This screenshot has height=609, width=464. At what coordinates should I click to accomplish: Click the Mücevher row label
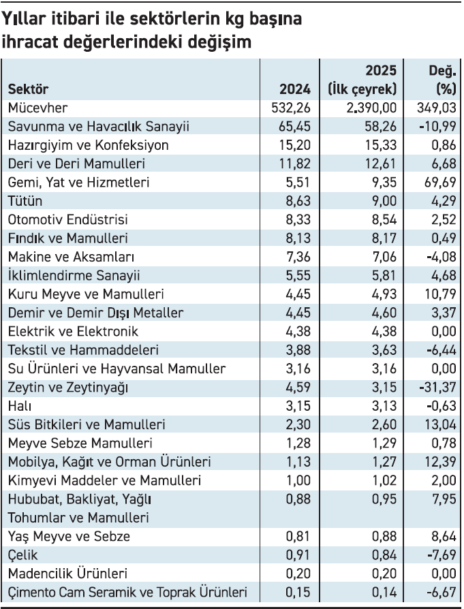pos(37,108)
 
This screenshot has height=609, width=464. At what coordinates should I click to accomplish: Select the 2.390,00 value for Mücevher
pos(371,108)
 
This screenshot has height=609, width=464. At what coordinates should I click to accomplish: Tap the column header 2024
pos(295,89)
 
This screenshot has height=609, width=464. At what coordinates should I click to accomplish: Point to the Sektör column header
pos(28,89)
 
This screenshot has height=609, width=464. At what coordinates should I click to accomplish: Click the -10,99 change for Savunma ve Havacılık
pos(437,126)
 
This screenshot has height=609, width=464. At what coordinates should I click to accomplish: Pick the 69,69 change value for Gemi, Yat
pos(440,182)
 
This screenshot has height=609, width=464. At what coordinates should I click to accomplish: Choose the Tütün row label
pos(25,201)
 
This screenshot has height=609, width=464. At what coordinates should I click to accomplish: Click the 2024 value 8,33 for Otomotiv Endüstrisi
pos(298,219)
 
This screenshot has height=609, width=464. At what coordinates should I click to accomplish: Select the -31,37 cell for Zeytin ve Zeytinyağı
pos(437,387)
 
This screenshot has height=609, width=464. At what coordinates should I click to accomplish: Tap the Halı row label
pos(20,406)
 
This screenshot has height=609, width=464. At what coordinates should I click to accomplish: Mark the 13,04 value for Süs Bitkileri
pos(440,424)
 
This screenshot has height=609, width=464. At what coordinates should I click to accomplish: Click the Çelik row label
pos(22,555)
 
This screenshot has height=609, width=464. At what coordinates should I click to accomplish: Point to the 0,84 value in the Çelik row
pos(384,555)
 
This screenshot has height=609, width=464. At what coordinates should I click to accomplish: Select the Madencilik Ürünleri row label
pos(67,574)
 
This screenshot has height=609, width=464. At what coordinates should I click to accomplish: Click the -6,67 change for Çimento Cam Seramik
pos(441,592)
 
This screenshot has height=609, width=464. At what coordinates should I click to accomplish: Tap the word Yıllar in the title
pos(24,19)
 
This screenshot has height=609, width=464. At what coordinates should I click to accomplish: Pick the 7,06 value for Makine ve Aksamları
pos(384,257)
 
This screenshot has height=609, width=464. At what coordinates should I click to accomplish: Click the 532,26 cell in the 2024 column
pos(291,108)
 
